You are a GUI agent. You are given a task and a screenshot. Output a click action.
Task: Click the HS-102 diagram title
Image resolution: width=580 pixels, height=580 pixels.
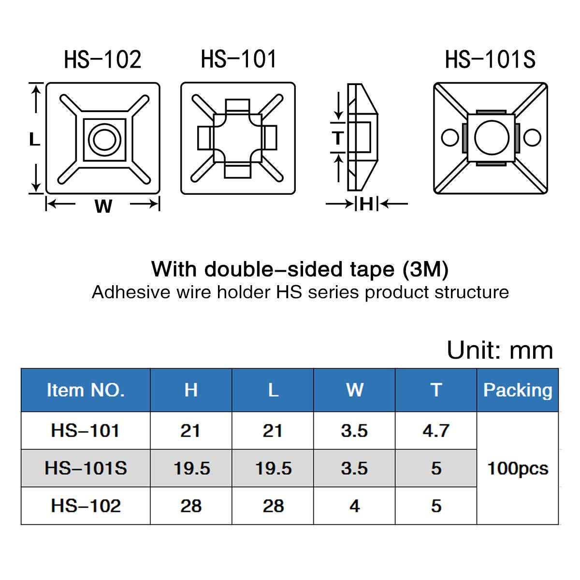(102, 59)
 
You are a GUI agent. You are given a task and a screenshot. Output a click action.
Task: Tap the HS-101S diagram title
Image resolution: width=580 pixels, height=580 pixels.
(490, 59)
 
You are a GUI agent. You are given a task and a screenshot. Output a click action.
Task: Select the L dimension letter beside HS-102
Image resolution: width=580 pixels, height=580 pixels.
(34, 140)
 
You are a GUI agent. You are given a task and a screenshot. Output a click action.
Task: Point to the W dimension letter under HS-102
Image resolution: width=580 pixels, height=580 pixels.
(103, 206)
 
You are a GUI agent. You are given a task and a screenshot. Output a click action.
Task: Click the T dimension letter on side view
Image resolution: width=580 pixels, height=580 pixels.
(338, 139)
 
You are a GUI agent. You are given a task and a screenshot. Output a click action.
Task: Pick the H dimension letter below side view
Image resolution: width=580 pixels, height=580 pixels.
(366, 204)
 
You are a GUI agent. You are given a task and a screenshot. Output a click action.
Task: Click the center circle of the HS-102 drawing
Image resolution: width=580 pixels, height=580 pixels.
(104, 140)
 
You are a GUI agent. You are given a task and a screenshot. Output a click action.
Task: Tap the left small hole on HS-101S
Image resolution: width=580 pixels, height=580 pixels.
(450, 138)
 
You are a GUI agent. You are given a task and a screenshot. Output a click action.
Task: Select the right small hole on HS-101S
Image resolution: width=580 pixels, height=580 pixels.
(532, 138)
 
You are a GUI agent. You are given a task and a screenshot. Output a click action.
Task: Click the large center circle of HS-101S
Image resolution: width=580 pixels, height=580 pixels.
(492, 138)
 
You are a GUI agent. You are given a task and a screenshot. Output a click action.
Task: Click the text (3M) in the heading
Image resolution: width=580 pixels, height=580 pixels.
(425, 269)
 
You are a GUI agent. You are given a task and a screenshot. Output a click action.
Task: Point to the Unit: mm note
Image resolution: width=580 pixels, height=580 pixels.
(500, 350)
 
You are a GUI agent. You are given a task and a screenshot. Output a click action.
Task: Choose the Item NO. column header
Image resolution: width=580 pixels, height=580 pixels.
(86, 390)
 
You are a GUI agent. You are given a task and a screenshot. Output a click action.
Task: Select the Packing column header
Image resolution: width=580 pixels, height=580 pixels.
(518, 390)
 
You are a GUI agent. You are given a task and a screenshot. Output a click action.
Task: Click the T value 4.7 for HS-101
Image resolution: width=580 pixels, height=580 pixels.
(436, 431)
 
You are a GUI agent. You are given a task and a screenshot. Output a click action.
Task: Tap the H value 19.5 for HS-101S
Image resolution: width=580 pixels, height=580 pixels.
(191, 468)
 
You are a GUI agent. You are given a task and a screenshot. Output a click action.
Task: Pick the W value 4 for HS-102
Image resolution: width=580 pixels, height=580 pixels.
(354, 506)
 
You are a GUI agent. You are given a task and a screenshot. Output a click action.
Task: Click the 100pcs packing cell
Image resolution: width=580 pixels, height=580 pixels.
(518, 468)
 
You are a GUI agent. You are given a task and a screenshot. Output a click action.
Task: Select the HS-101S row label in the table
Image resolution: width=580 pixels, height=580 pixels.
(86, 468)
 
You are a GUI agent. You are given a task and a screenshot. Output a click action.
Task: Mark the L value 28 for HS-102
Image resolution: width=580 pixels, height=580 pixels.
(273, 506)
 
